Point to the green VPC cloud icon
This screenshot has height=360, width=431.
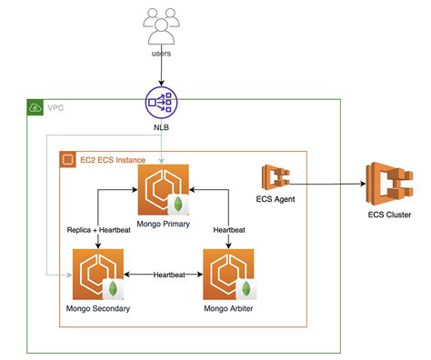coord(35,107)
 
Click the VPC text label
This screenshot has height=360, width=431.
coord(55,107)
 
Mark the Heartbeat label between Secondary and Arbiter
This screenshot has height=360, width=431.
coord(171,274)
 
